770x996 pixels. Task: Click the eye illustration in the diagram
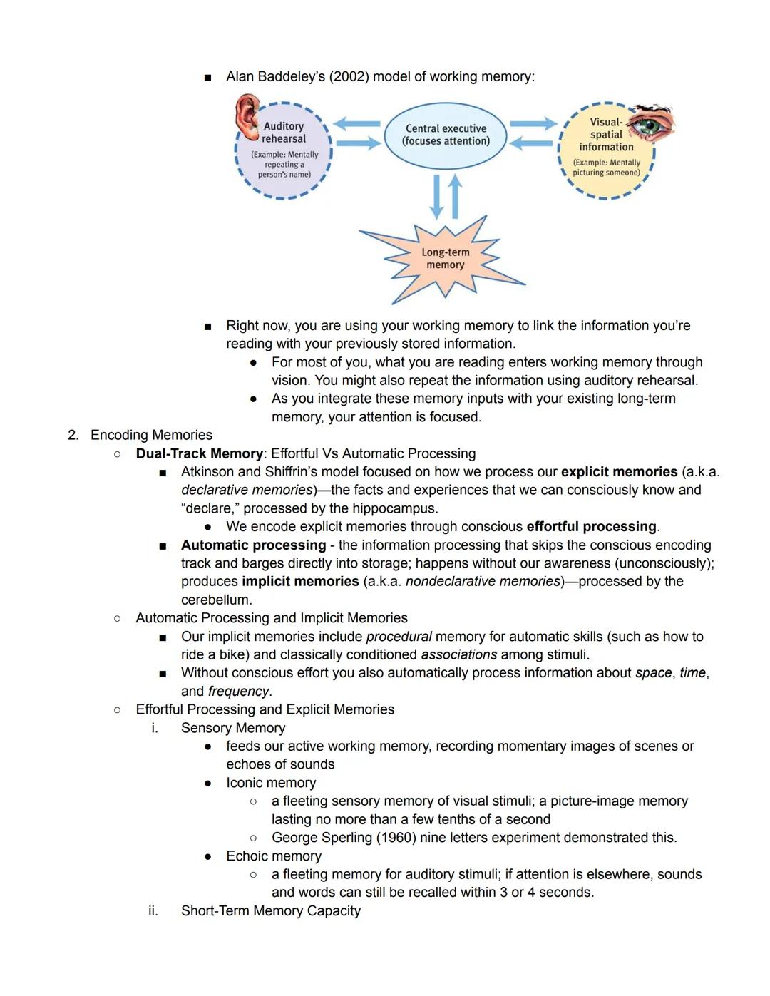coord(650,123)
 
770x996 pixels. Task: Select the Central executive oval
coord(446,135)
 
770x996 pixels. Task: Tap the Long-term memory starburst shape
coord(445,259)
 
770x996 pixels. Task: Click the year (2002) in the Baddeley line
coord(349,76)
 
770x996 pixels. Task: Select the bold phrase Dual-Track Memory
coord(199,453)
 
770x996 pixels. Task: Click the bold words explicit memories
coord(619,472)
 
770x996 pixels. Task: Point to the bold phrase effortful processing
coord(591,527)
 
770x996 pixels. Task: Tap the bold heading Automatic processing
coord(253,545)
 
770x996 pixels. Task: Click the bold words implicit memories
coord(300,582)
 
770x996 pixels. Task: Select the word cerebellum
coord(215,600)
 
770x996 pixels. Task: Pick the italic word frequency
coord(238,692)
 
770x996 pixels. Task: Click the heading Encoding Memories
coord(151,435)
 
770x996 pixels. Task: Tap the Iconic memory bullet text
coord(270,783)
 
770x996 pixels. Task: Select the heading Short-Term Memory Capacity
coord(270,911)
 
